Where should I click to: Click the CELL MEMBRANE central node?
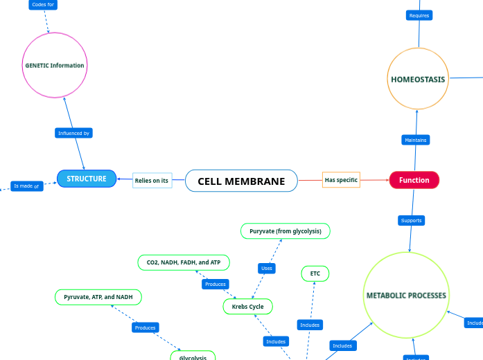(241, 181)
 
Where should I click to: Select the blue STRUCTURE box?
(87, 179)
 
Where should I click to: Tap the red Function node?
(414, 180)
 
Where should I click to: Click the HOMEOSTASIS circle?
(418, 79)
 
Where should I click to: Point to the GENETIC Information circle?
(54, 66)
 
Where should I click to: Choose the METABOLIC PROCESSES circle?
(406, 295)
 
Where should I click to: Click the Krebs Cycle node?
(247, 306)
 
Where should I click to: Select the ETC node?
(315, 274)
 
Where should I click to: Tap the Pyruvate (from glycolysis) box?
(285, 231)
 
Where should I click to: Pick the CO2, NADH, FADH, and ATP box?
(184, 262)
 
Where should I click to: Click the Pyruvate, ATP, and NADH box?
(98, 297)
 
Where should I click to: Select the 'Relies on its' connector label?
(152, 181)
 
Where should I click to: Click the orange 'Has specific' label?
(341, 180)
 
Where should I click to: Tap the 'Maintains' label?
(416, 140)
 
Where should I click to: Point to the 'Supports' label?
(411, 221)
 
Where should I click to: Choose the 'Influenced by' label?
(73, 133)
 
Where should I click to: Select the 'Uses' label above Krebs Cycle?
(267, 268)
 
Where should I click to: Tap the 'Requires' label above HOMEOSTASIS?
(419, 15)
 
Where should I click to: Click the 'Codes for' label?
(43, 4)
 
